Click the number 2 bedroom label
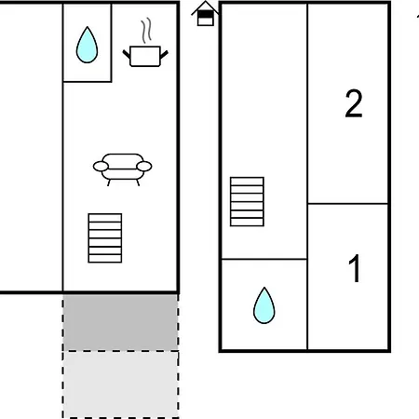[x=354, y=103]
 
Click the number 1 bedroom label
[x=355, y=268]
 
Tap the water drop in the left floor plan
[x=87, y=45]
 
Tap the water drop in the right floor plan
[x=264, y=305]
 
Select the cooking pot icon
[x=145, y=56]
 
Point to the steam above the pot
[x=146, y=30]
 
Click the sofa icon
[x=123, y=169]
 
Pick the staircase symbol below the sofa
[x=105, y=238]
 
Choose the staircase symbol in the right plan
[x=247, y=201]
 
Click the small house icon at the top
[x=205, y=14]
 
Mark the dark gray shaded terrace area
[x=121, y=322]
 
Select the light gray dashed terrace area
[x=121, y=385]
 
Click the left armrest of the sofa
[x=101, y=167]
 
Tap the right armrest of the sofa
[x=144, y=167]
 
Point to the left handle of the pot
[x=127, y=54]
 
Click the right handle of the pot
[x=165, y=54]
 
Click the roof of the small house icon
[x=205, y=8]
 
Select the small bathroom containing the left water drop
[x=88, y=43]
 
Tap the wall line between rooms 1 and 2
[x=347, y=204]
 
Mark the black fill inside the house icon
[x=206, y=14]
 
